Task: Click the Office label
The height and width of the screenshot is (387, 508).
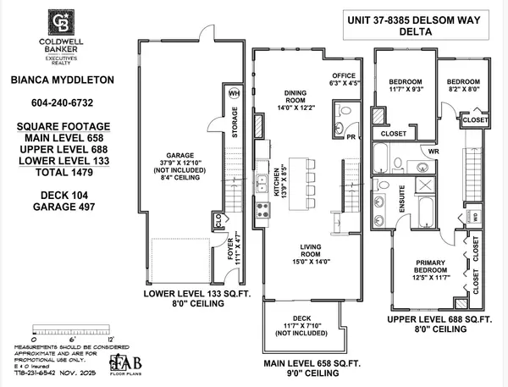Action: [x=345, y=75]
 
